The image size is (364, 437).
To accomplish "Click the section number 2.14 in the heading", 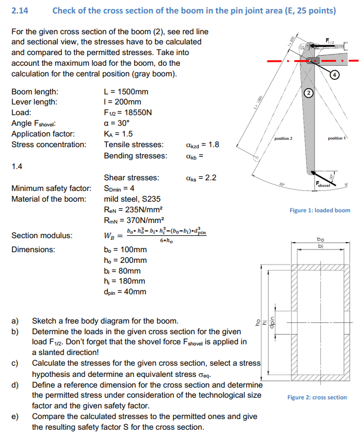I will tap(20, 10).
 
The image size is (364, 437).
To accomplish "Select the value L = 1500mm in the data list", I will tap(126, 92).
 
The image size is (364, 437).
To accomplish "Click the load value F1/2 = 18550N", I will tap(128, 112).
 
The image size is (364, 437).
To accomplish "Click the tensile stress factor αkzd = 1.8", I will tap(202, 144).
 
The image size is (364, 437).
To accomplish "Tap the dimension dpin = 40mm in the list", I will tap(125, 292).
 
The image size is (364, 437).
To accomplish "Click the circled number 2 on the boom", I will tap(308, 92).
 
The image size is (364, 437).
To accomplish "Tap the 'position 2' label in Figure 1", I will tap(283, 138).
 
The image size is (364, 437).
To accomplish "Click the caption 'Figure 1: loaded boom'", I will tap(320, 210).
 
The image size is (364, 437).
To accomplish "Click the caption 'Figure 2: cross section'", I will tap(318, 397).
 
